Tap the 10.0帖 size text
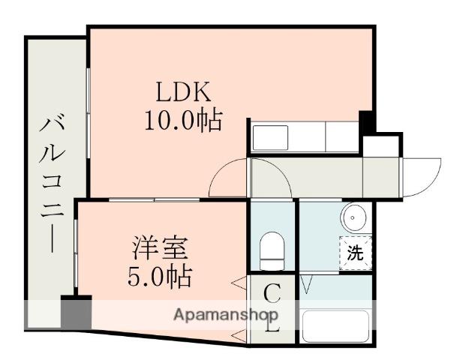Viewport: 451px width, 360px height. (184, 120)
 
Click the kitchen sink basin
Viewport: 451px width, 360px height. (270, 137)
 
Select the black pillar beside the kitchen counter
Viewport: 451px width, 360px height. (366, 122)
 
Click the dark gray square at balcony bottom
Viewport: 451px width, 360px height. (76, 312)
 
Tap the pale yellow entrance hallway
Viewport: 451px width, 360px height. (323, 177)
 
